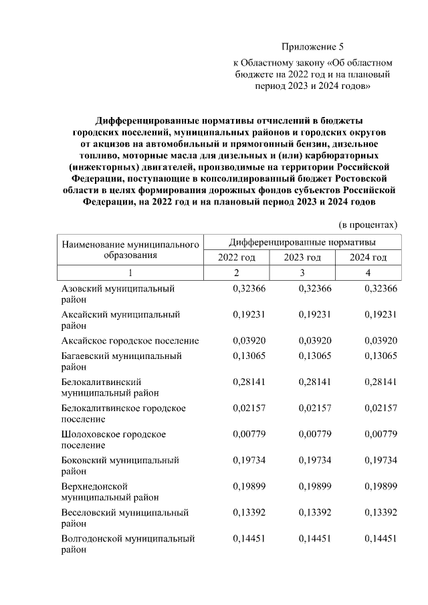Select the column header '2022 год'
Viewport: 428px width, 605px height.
(236, 257)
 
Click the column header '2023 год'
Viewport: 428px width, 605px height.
(302, 257)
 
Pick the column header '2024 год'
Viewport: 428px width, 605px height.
(368, 257)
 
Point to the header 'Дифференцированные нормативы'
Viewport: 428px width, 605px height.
(302, 241)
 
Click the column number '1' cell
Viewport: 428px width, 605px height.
(130, 273)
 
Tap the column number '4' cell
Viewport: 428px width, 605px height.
(368, 273)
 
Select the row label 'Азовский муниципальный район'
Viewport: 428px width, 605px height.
(118, 295)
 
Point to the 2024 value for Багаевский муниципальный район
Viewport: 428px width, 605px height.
(381, 356)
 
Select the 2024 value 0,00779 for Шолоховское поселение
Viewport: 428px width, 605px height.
(381, 434)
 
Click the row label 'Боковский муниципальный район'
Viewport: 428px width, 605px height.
(120, 466)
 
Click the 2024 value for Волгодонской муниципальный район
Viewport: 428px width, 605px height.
(381, 538)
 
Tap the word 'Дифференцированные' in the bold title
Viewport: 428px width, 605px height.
(148, 121)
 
